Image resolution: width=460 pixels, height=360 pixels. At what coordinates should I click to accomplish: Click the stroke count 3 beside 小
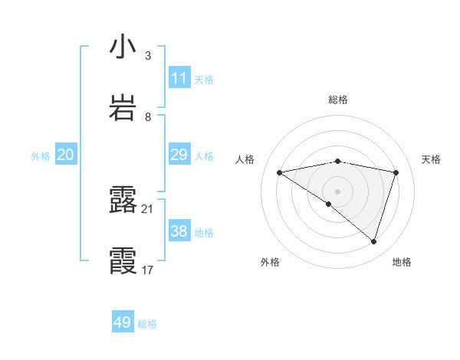[148, 55]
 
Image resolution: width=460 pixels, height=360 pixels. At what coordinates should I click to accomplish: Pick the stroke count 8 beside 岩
[148, 116]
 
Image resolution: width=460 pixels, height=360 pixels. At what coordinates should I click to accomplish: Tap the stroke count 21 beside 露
[148, 208]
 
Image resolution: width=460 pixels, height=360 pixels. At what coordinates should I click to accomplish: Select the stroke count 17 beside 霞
[148, 270]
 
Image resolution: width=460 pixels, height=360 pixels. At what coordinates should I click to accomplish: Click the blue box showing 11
[179, 78]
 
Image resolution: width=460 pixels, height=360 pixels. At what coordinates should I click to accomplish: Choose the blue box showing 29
[179, 155]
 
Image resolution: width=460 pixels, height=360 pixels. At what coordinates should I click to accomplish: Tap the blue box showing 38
[179, 231]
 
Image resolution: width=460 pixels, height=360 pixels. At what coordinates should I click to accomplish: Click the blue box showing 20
[65, 155]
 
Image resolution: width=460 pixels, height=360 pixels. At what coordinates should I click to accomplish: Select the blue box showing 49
[123, 322]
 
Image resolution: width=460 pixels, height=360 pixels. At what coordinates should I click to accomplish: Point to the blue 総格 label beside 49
[147, 324]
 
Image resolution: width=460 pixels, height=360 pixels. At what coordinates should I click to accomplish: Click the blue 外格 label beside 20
[41, 156]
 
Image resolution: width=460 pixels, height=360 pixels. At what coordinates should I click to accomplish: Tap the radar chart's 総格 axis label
[338, 100]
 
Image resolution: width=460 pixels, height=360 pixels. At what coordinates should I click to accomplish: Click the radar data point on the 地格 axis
[373, 241]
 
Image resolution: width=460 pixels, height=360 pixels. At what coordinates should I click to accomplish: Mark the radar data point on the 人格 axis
[280, 172]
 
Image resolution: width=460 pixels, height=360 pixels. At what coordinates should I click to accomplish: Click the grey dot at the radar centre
[337, 191]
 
